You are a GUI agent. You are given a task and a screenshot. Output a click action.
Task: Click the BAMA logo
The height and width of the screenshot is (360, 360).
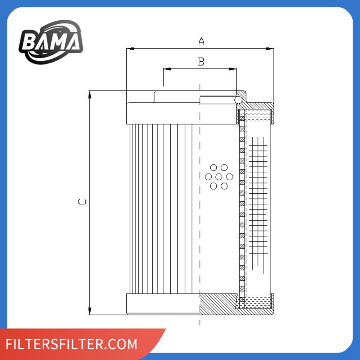click(x=51, y=42)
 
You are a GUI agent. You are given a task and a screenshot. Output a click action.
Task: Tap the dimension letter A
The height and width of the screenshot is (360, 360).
click(x=201, y=41)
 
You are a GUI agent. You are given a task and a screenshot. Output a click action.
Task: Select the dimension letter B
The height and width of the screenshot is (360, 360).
click(x=201, y=62)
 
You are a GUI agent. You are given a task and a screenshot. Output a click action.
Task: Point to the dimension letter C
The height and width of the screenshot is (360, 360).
click(x=82, y=202)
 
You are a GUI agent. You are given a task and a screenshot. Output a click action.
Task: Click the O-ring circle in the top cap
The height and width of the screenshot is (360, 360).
click(x=238, y=100)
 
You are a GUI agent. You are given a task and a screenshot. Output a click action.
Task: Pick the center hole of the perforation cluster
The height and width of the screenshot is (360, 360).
click(x=219, y=177)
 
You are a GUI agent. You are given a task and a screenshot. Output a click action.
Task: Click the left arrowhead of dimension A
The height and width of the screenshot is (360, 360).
click(x=130, y=49)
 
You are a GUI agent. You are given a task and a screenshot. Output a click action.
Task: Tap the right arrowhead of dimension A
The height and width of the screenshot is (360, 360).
click(x=270, y=49)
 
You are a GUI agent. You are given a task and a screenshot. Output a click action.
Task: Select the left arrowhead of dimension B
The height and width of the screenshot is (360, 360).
click(x=167, y=69)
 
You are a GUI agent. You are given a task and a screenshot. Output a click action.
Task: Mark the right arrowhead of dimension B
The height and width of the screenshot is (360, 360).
click(x=233, y=69)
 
